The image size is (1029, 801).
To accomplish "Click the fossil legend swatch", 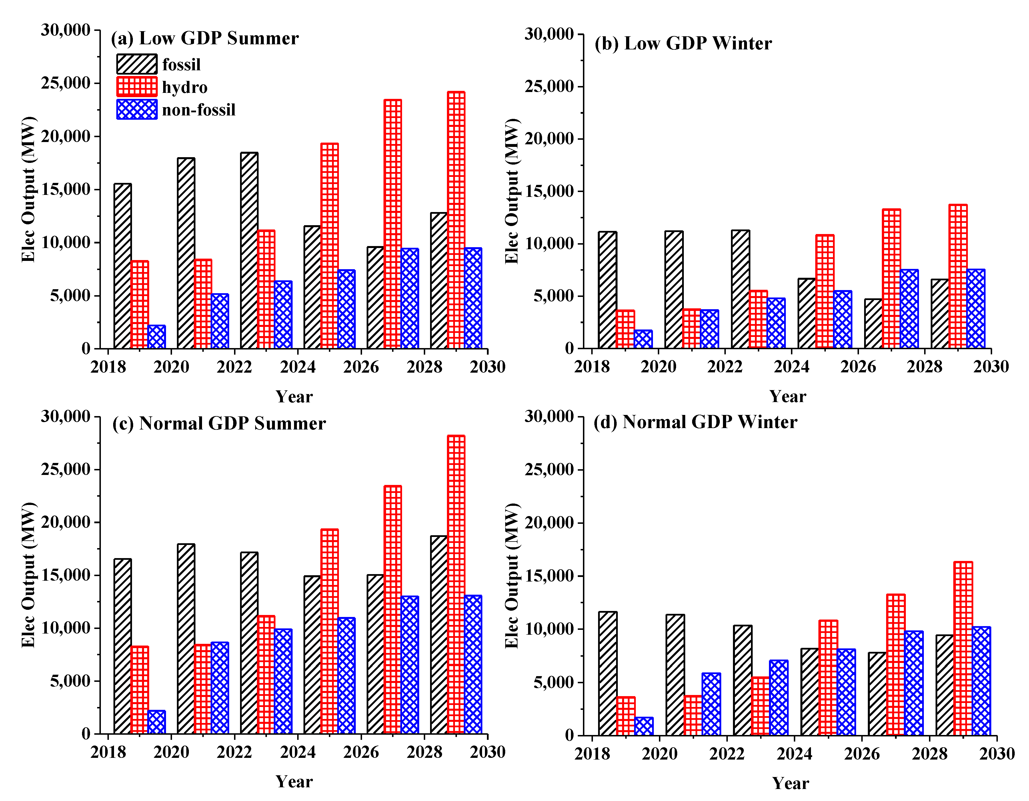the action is tap(137, 64).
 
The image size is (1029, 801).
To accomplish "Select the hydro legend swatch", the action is tap(137, 87).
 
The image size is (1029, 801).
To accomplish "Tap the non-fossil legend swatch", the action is tap(137, 109).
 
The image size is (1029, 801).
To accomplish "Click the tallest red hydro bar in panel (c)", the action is tap(456, 584).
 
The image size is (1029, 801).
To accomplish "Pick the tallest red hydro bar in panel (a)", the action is tap(456, 220).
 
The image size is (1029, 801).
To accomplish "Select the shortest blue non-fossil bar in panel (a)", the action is tap(156, 337).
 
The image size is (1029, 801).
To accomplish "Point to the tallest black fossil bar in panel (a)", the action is tap(249, 251).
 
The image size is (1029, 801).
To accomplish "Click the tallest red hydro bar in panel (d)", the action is tap(963, 648).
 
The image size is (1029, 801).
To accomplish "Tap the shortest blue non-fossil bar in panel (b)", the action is tap(643, 339).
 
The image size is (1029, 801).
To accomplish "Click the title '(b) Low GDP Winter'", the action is tap(683, 43).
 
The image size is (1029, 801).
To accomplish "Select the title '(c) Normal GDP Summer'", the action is tap(219, 423).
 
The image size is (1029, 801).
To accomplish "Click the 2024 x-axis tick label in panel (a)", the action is tap(298, 367).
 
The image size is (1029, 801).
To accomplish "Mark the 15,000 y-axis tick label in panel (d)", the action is tap(550, 576).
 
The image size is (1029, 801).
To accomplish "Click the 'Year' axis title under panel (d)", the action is tap(791, 783).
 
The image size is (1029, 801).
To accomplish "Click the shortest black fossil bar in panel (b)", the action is tap(874, 324).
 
